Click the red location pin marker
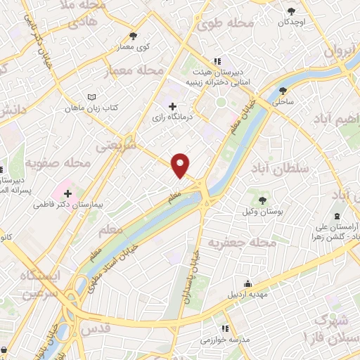point(181,165)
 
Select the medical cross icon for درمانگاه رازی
point(173,106)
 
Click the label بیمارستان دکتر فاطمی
point(69,206)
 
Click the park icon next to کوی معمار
point(134,36)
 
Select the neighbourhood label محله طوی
point(225,23)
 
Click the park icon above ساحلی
point(283,90)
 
